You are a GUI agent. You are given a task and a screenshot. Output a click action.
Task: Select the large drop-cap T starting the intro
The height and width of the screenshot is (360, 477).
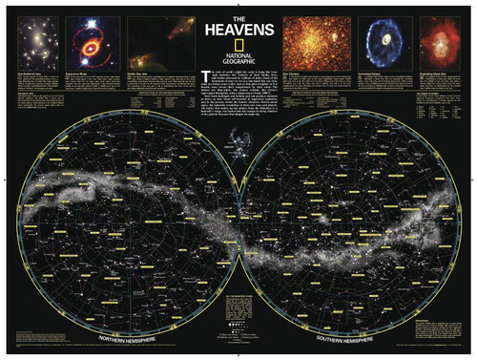click(x=205, y=75)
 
